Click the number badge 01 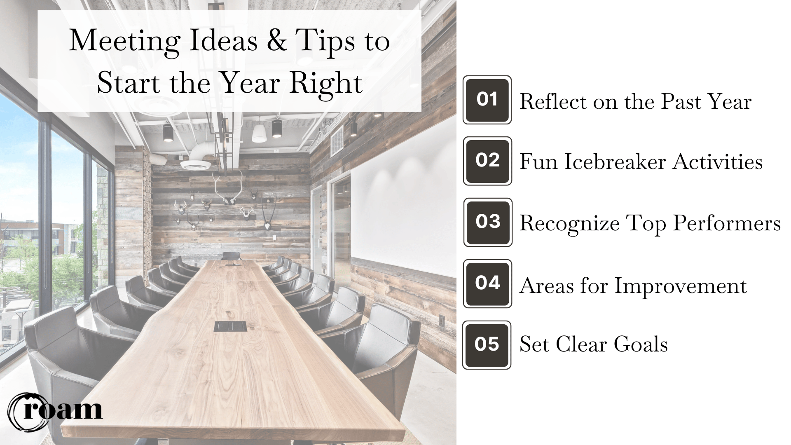pos(487,100)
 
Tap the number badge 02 pos(487,161)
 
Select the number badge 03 pos(488,222)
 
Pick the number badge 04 pos(487,283)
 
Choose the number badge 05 pos(487,345)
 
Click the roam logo pos(56,410)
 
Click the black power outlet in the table pos(230,327)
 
